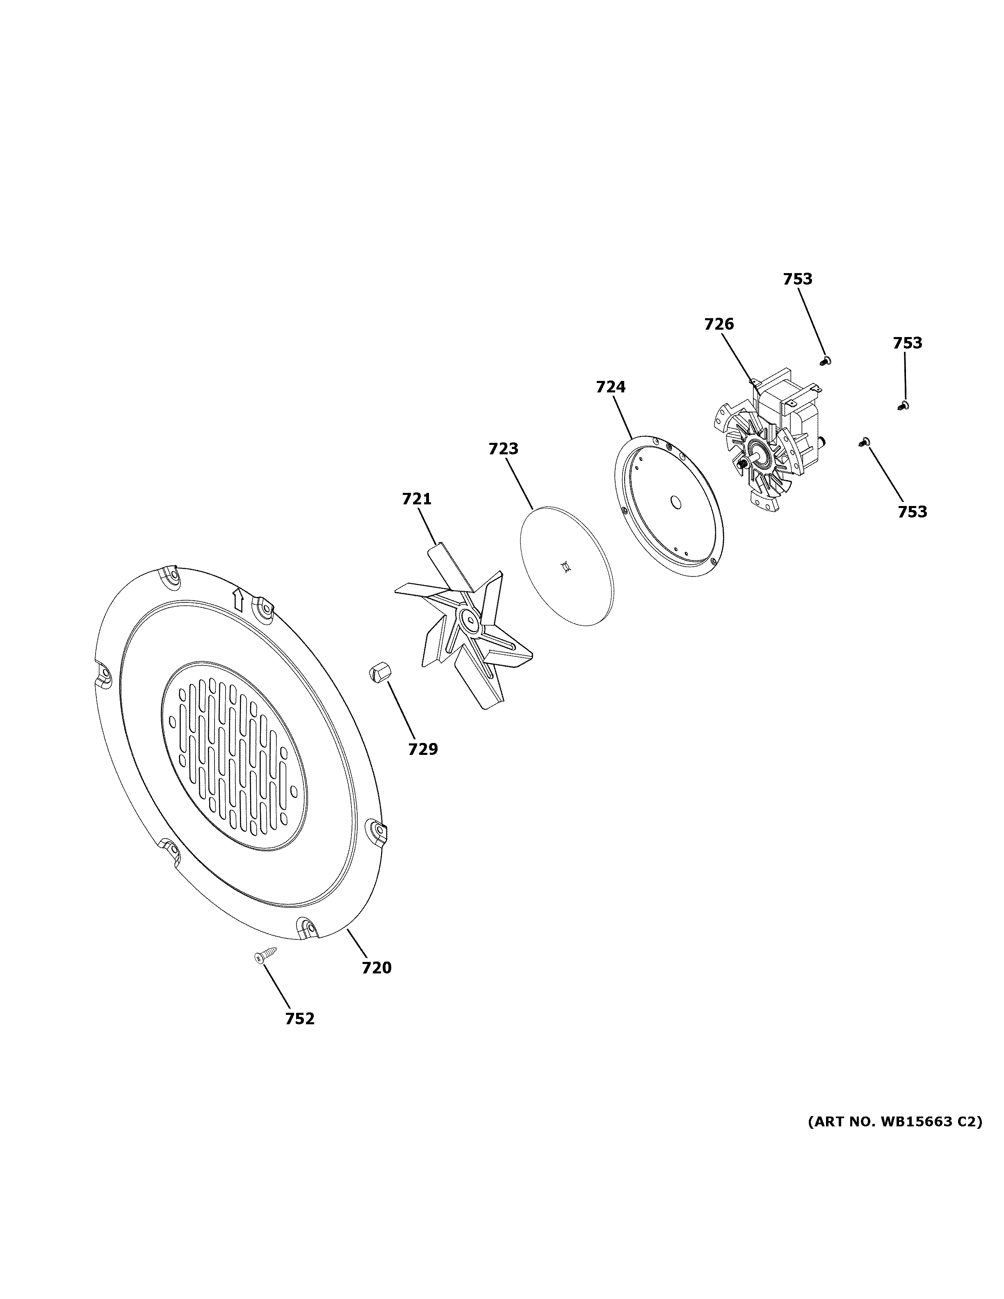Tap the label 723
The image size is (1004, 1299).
503,449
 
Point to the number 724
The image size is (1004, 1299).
611,387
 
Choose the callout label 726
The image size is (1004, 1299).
719,324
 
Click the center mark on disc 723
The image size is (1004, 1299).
566,567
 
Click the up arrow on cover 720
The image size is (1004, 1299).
237,599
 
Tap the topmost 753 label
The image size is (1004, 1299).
798,279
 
